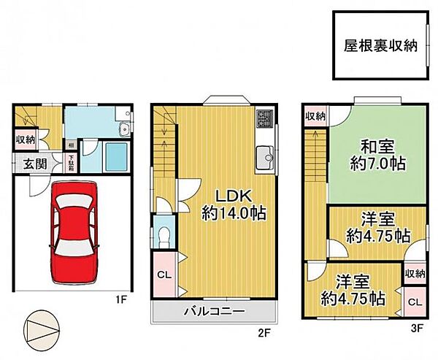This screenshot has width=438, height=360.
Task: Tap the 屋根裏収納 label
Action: [x=380, y=45]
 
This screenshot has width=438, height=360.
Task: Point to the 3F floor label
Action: [x=417, y=329]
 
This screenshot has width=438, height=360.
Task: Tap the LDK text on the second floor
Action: [x=232, y=196]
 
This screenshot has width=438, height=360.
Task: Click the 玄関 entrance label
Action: [x=26, y=164]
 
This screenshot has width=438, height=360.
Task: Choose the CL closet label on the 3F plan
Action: [x=414, y=302]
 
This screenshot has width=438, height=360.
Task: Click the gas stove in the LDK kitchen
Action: [x=264, y=118]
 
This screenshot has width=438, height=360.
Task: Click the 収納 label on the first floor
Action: [x=23, y=139]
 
